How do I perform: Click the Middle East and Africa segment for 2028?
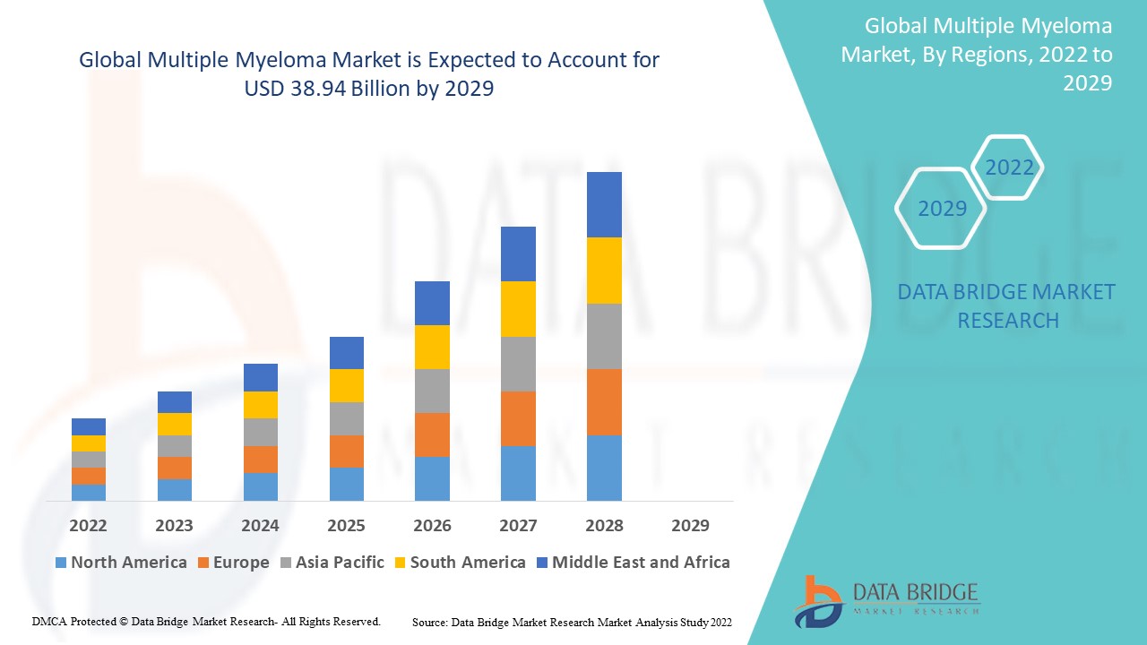[604, 204]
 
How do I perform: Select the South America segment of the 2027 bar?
[518, 309]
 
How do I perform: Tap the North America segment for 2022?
[89, 492]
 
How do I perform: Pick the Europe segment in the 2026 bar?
[432, 434]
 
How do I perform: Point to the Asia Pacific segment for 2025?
[347, 418]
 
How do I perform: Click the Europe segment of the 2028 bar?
[604, 402]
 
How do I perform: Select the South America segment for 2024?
[261, 405]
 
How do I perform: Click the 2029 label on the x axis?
[690, 525]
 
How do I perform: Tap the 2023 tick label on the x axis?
[174, 525]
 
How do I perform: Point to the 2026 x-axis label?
[432, 525]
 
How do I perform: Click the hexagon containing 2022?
[1009, 168]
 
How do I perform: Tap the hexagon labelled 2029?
[942, 208]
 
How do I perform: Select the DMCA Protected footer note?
[206, 621]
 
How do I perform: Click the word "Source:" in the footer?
[430, 622]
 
